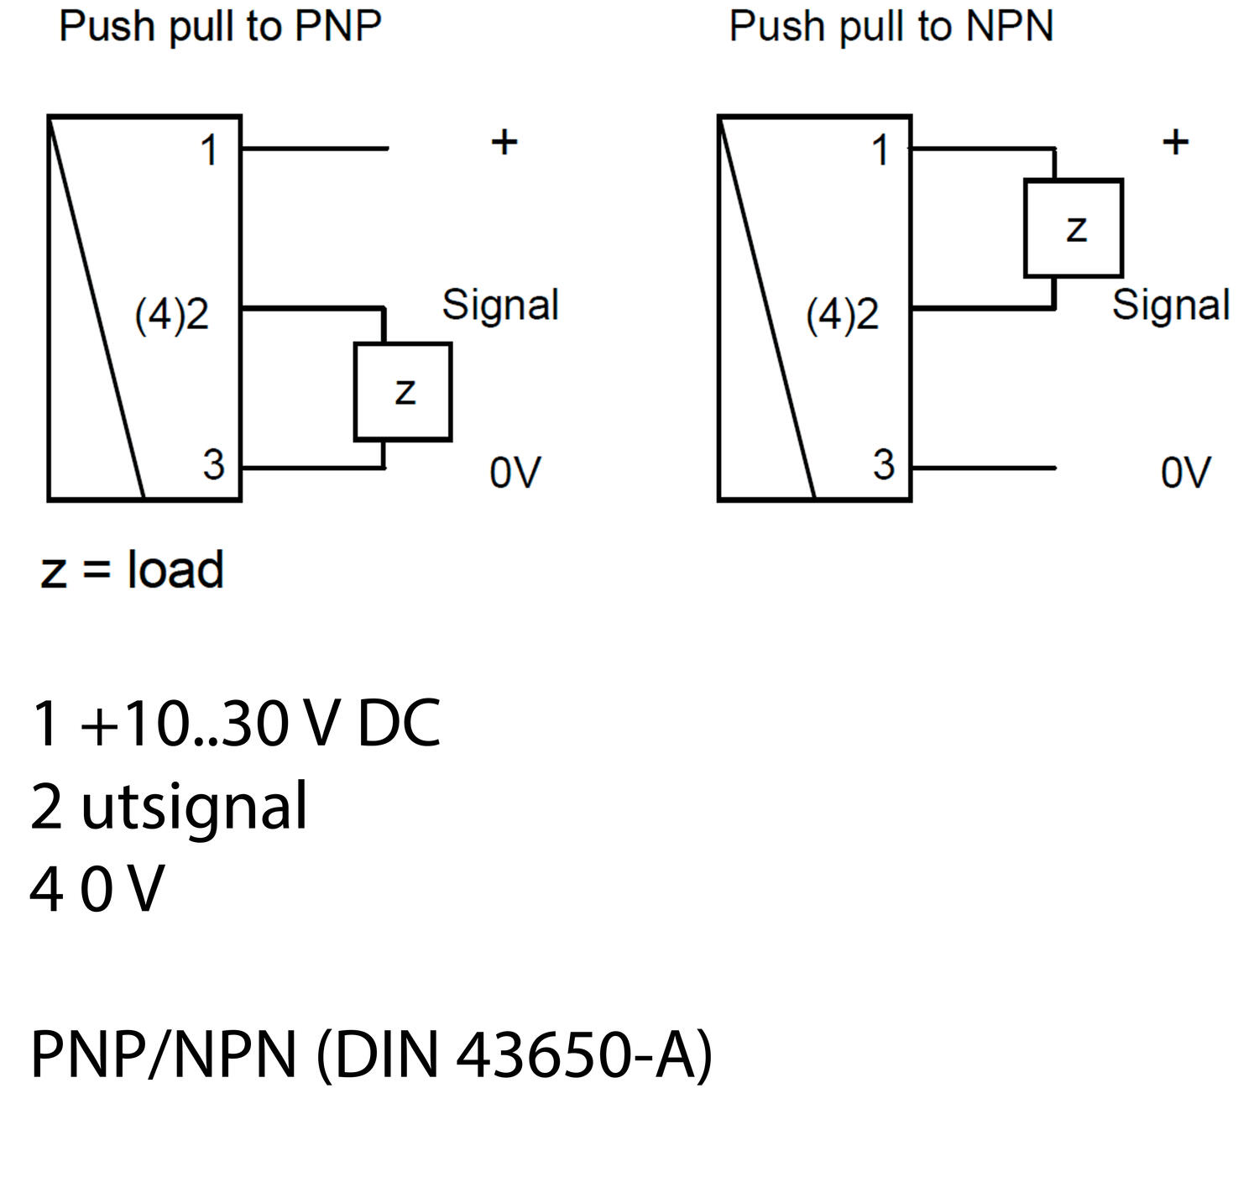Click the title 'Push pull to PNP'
220,27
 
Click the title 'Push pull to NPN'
891,27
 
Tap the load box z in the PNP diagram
403,391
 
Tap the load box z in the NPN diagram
1074,228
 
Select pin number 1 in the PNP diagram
209,151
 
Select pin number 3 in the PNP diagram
213,464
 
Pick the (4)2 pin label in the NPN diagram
842,315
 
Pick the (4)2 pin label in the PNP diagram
171,315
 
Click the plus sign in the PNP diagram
504,142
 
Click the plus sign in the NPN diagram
1175,142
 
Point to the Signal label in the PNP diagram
500,304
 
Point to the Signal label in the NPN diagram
1171,304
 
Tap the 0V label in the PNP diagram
515,473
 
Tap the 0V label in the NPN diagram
1186,473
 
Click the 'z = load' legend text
133,570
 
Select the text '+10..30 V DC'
260,724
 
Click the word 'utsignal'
194,806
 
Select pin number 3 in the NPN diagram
884,464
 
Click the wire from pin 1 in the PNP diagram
315,149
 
